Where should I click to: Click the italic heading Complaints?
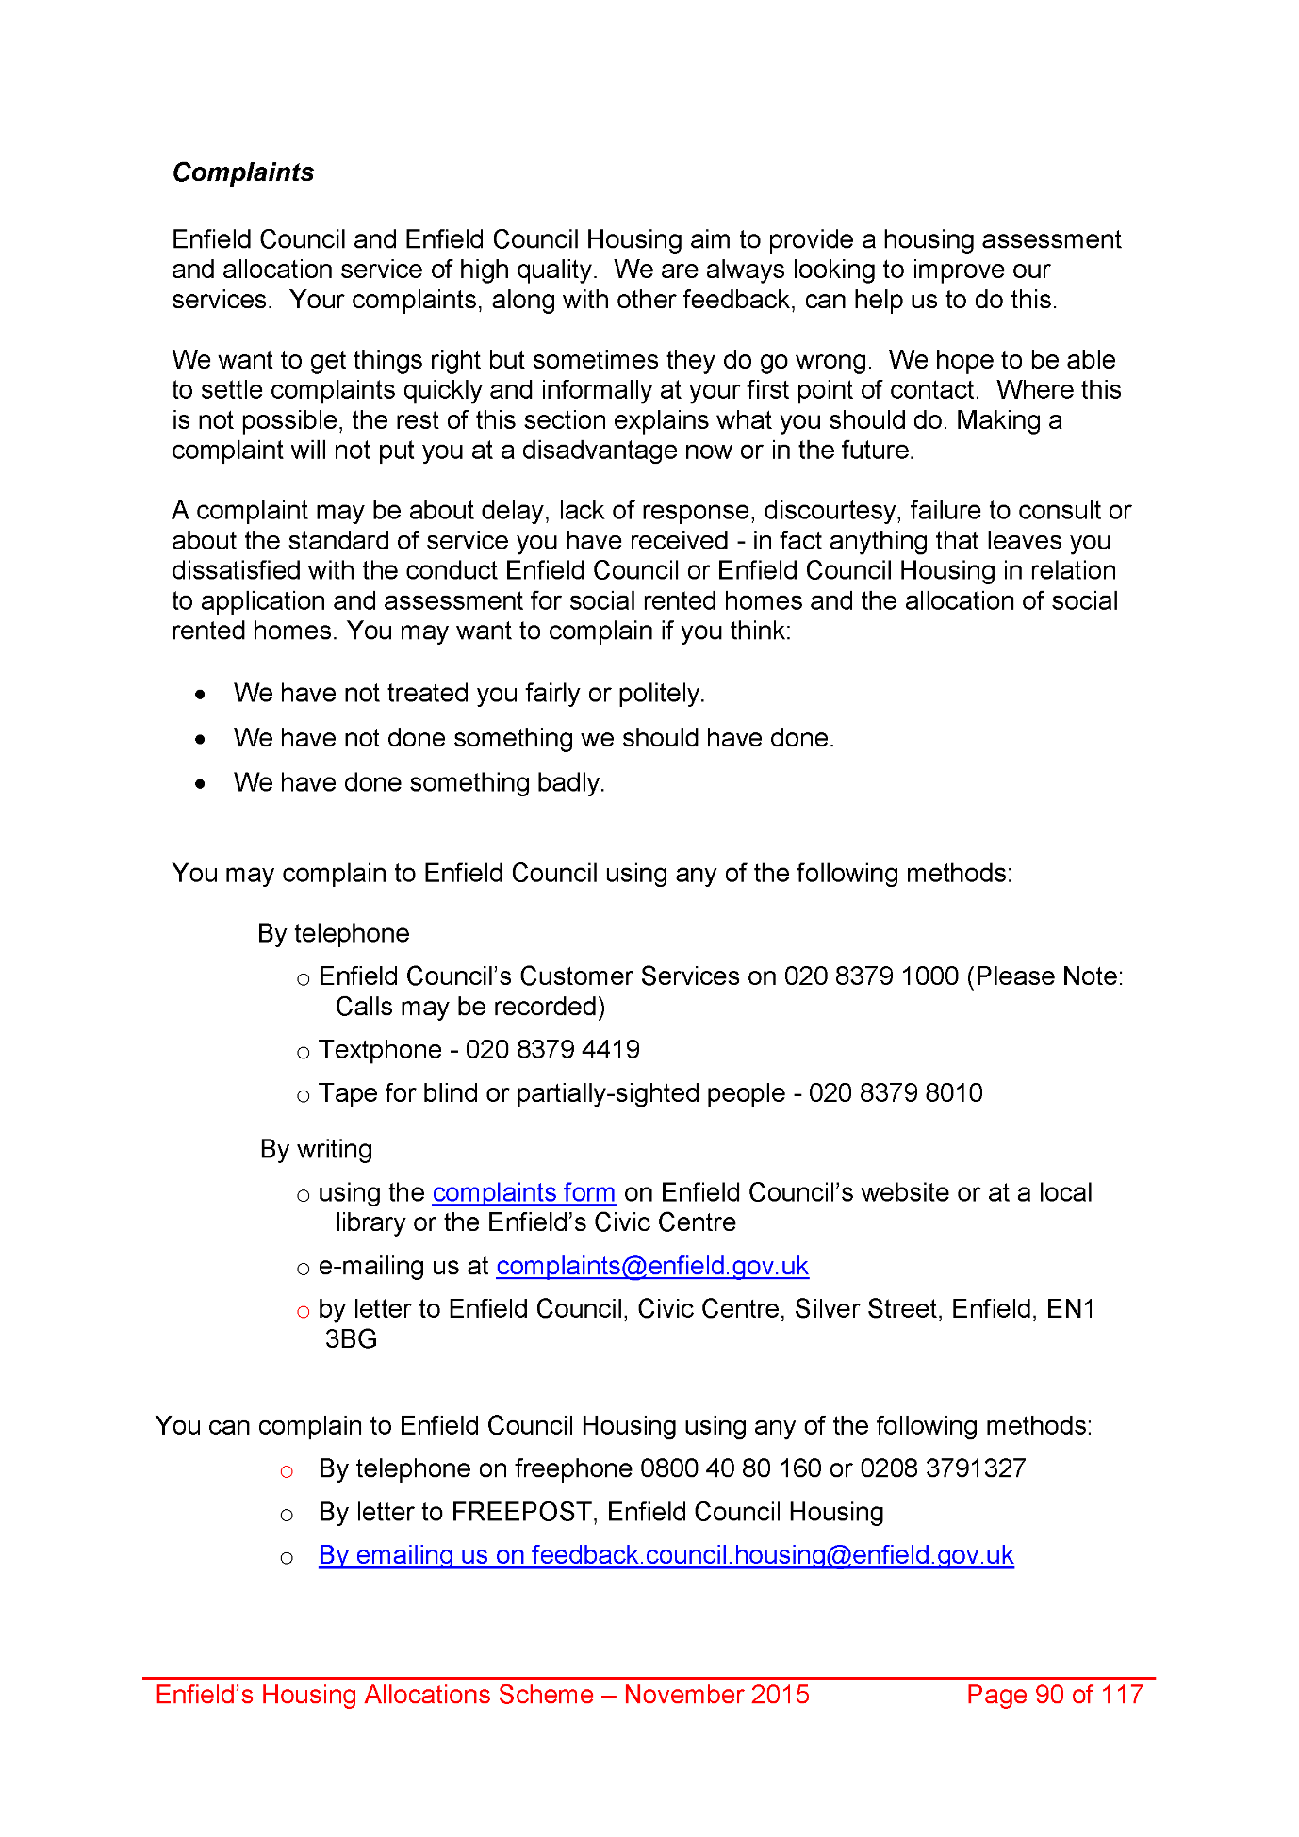243,172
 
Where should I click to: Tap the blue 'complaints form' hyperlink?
524,1192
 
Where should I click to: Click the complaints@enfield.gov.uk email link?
652,1266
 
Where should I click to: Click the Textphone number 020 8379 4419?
552,1050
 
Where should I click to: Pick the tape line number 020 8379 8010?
896,1093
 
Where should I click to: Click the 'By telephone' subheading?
334,934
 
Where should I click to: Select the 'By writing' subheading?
317,1150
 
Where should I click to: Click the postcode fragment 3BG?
351,1339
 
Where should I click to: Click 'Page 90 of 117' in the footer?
1055,1695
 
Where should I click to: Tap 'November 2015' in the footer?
716,1695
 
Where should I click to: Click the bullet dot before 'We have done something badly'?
200,784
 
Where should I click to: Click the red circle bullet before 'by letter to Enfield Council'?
303,1311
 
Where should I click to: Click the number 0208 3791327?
943,1468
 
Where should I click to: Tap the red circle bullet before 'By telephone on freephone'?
287,1471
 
